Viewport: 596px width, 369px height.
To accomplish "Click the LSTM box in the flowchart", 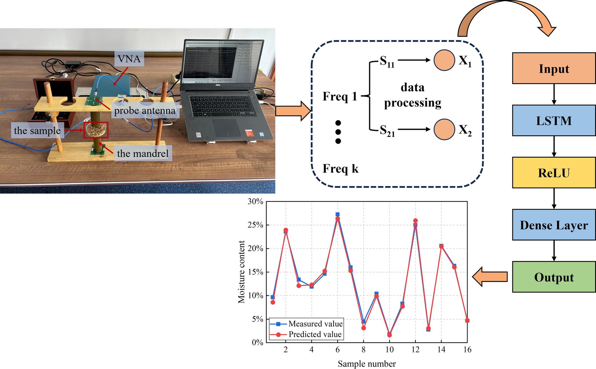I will [554, 120].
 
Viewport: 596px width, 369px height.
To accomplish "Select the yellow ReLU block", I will [554, 173].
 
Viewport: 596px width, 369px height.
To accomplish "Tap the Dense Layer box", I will [554, 225].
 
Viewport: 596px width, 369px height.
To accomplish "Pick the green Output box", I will [554, 277].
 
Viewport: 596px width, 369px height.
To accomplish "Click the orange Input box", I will [554, 68].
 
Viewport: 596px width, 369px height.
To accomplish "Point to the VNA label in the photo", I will [129, 59].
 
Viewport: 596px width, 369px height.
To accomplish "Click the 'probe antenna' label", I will [145, 110].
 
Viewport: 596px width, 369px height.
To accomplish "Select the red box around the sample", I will [96, 130].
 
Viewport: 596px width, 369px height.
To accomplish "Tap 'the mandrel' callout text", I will [143, 153].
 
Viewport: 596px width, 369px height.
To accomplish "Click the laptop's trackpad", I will [226, 127].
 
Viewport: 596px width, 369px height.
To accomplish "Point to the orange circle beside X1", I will [444, 60].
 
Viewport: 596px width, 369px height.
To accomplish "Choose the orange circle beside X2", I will [444, 129].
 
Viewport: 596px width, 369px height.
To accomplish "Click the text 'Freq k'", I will [341, 169].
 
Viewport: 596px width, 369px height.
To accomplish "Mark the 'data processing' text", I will [413, 95].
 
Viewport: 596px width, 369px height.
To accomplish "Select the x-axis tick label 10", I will [389, 350].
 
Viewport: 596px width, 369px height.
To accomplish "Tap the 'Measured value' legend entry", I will [315, 324].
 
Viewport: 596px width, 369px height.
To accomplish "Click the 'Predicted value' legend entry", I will [315, 334].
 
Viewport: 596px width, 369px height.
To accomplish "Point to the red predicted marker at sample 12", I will [415, 221].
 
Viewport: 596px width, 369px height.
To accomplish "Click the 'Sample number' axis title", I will [367, 364].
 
